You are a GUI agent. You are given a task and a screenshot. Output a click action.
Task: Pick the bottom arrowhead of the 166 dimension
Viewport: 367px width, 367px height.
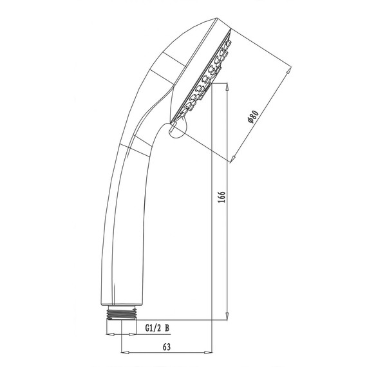pos(227,316)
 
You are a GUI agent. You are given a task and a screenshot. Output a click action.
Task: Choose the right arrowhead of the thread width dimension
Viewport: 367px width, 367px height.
pos(132,335)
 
